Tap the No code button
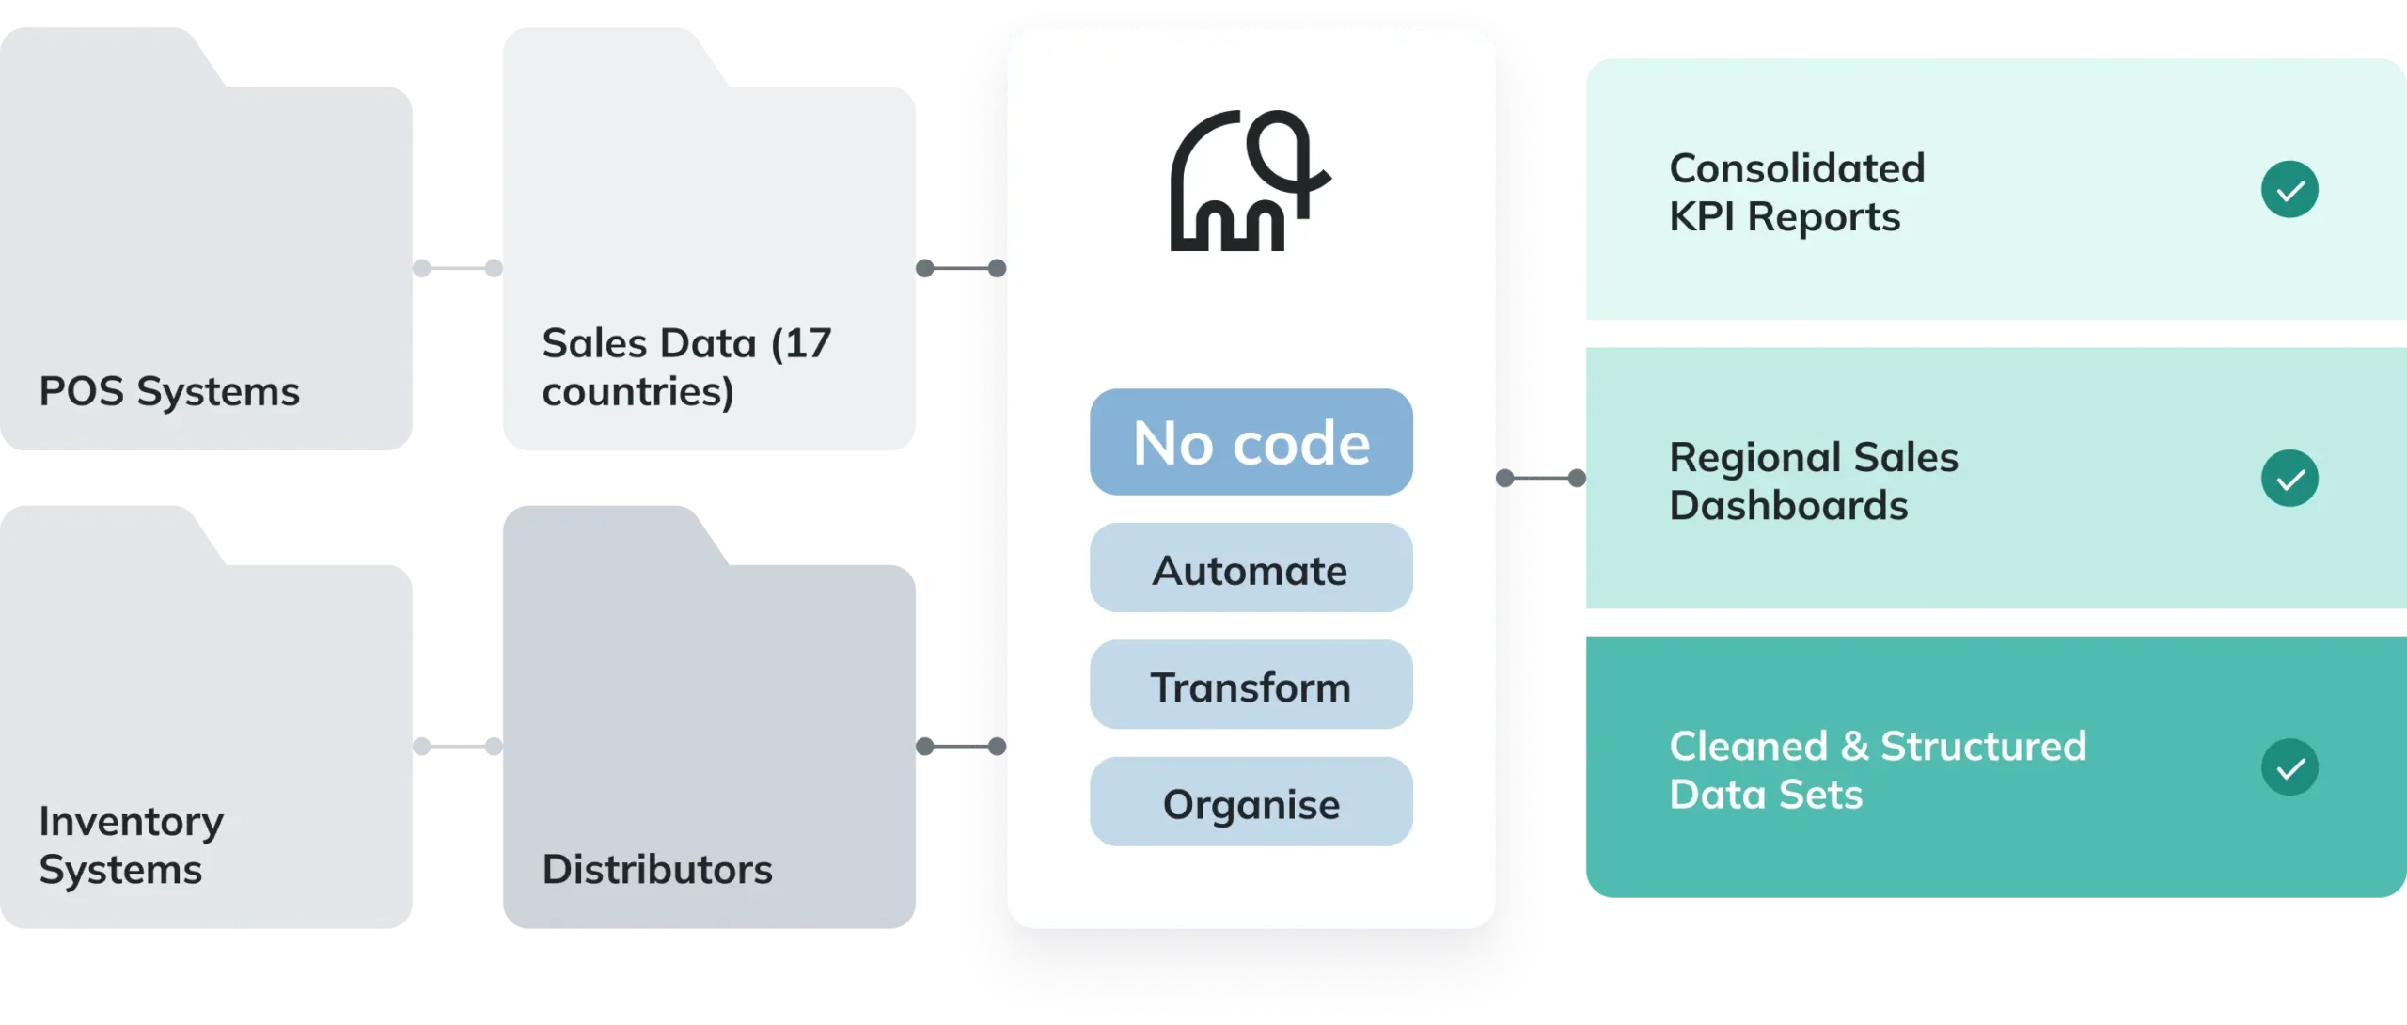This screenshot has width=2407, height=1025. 1251,442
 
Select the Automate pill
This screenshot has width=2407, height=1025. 1251,569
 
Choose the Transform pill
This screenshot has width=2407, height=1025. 1251,686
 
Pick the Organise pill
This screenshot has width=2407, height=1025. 1251,802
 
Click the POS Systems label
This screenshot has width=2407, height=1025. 169,391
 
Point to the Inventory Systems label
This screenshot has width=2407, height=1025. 132,844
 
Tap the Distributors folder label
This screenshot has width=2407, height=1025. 657,869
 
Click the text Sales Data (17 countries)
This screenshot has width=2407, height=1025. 686,367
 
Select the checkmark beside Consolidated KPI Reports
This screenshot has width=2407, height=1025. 2289,190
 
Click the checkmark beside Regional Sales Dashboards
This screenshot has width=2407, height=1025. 2289,479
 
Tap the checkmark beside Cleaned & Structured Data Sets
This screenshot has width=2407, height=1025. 2289,767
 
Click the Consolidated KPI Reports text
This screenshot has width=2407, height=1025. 1797,192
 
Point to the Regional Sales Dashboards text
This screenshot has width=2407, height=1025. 1814,481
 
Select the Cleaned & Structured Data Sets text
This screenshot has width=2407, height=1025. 1878,769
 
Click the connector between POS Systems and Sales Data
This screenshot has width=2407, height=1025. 455,268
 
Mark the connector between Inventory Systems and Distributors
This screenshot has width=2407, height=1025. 455,746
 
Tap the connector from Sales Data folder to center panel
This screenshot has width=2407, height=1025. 961,268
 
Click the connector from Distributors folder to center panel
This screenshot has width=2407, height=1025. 961,746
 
